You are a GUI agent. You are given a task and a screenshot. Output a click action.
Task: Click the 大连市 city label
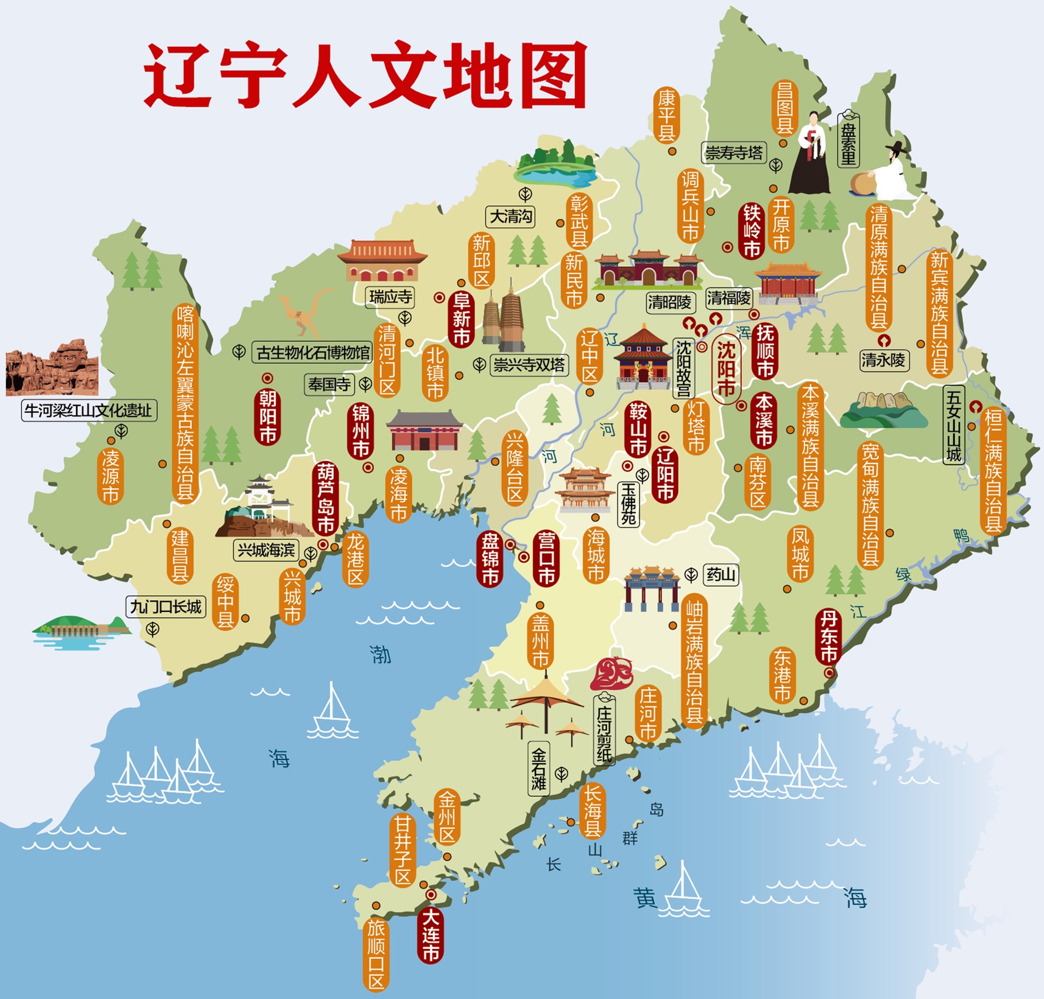(x=431, y=934)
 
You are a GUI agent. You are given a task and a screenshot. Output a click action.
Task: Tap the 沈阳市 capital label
(x=726, y=369)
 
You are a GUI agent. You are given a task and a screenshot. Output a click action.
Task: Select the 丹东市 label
(x=828, y=637)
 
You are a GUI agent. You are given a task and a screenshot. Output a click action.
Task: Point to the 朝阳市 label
(x=268, y=417)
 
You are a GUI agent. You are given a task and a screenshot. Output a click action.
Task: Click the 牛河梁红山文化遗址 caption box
(x=89, y=411)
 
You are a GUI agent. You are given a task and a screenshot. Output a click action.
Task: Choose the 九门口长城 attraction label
(x=166, y=607)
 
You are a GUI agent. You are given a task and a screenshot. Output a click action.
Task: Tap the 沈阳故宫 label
(x=683, y=369)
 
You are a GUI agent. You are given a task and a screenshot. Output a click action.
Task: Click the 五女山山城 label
(x=953, y=425)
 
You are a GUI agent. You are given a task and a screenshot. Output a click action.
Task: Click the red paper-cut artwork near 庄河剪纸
(x=612, y=673)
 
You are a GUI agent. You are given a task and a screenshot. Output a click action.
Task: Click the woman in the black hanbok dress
(x=811, y=155)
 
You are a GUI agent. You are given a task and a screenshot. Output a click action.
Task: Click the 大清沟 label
(x=510, y=216)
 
